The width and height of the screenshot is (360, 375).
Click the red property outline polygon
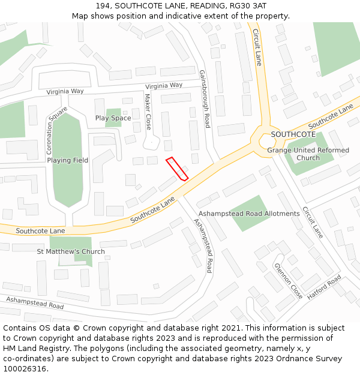[177, 168]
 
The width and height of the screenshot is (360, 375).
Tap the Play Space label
[113, 118]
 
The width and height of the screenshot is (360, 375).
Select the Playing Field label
[68, 160]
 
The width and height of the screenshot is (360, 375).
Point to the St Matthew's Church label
[71, 251]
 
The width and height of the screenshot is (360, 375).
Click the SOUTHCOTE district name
[293, 134]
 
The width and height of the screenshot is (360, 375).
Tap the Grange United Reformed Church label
[308, 154]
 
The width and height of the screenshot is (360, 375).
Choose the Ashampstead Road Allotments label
[249, 214]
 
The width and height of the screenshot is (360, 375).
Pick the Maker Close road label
[148, 112]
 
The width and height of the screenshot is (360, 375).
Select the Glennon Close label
[288, 281]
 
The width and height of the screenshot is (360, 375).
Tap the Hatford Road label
[324, 287]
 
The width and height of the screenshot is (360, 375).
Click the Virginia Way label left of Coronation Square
[65, 92]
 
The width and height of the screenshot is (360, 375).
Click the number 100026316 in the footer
[25, 368]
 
